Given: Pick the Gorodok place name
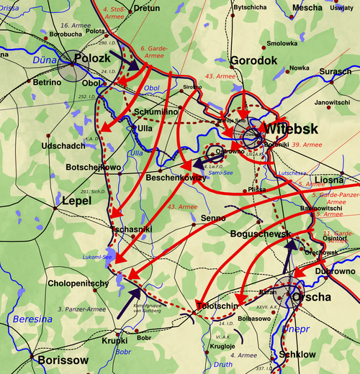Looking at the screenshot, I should [253, 61].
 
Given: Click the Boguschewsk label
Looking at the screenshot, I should [260, 234].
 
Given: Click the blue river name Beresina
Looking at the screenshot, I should [27, 317].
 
